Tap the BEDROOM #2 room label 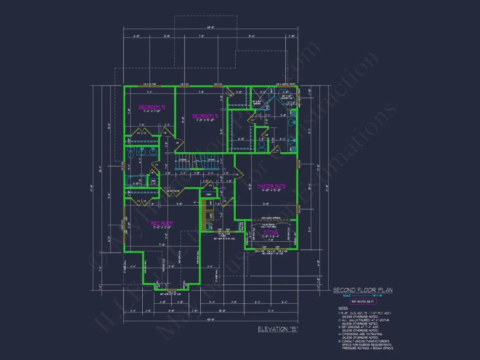205,116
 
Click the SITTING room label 271,233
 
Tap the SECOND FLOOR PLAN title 363,290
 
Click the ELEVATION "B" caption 278,329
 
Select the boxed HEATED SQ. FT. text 363,302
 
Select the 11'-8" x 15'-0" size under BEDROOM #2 205,120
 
